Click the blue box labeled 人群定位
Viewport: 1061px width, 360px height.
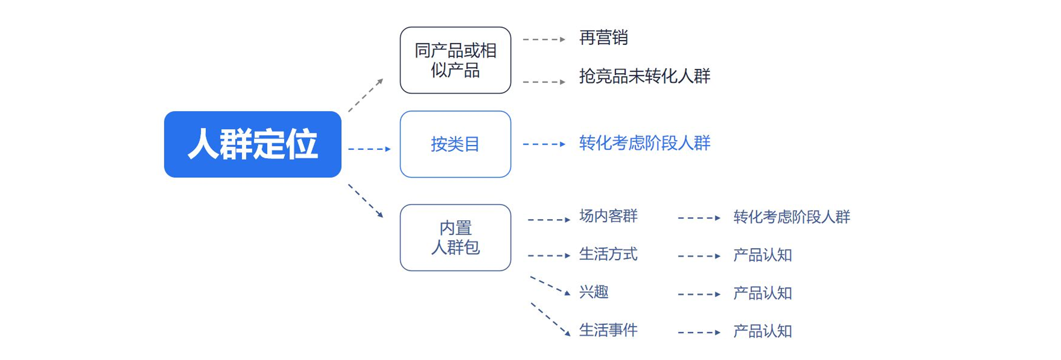point(252,144)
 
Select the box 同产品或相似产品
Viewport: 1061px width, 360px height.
point(455,60)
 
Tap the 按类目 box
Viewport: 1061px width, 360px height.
point(455,144)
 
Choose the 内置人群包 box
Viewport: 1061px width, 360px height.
point(455,238)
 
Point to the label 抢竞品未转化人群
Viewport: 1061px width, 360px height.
point(644,76)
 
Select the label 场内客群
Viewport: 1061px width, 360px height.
point(608,216)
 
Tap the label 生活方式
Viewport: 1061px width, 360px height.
point(608,254)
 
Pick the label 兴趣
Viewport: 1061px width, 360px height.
point(594,292)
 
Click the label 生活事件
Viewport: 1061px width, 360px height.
point(608,330)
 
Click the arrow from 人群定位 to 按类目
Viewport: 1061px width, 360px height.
point(369,149)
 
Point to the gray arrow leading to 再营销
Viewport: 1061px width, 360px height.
point(544,40)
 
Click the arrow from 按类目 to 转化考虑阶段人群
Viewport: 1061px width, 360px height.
point(544,144)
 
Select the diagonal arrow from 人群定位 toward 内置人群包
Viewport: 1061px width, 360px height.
point(366,201)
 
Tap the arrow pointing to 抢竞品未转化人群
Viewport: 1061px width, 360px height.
point(544,82)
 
